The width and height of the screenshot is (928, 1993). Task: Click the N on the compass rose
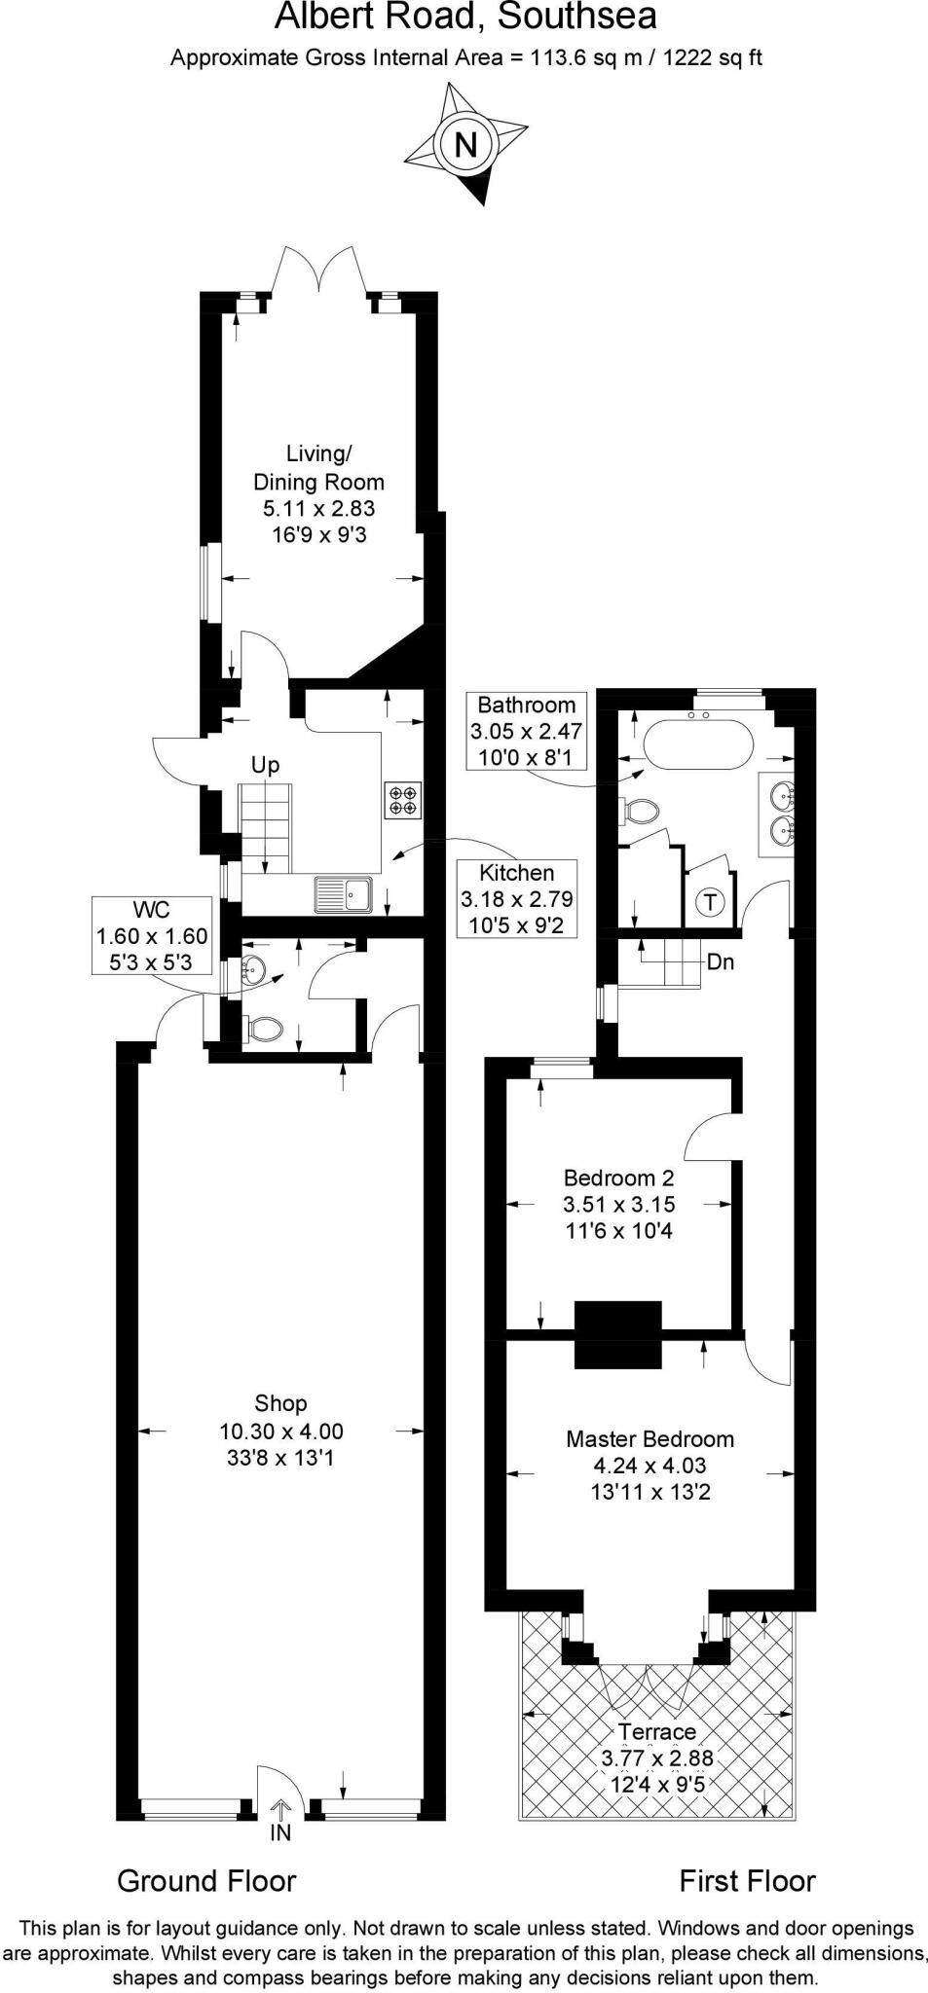tap(466, 145)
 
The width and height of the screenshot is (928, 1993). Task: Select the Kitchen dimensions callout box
tap(516, 898)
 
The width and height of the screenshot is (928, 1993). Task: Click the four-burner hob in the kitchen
tap(404, 799)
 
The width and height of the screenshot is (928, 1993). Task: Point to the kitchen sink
tap(343, 893)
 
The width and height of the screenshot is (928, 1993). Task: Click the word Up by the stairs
tap(265, 765)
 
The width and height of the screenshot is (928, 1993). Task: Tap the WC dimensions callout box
tap(151, 936)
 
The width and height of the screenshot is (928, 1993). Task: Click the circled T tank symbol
tap(710, 902)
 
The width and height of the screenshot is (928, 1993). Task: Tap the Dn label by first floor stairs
tap(720, 962)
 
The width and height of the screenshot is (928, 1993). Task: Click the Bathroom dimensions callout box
tap(526, 731)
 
